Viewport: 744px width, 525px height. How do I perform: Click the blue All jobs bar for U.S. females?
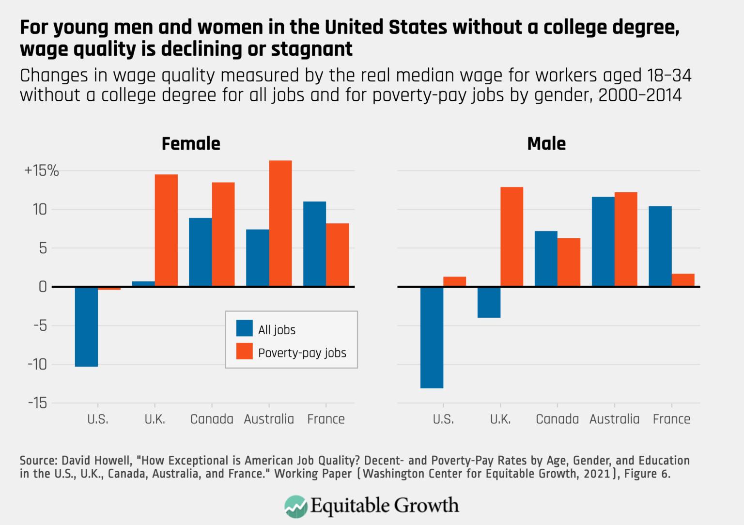click(x=86, y=326)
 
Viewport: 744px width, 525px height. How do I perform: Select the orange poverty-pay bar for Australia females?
click(x=280, y=223)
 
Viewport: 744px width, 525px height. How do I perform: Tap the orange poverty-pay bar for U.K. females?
click(x=166, y=231)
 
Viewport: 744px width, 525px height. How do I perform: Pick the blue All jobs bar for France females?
click(x=314, y=244)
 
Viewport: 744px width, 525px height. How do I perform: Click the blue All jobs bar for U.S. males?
click(x=432, y=337)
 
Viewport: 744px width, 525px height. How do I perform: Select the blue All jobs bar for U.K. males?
click(x=489, y=302)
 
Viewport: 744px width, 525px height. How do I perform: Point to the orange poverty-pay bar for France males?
click(x=683, y=280)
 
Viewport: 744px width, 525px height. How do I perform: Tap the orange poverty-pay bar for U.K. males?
click(x=511, y=237)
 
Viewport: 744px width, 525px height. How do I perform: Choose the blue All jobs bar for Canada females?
click(x=200, y=252)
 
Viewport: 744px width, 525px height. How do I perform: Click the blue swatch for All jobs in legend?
click(x=244, y=328)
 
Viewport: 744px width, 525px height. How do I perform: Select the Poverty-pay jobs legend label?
click(x=302, y=353)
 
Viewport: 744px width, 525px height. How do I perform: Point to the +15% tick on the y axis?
click(x=42, y=170)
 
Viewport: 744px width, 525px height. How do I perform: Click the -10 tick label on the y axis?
click(x=37, y=364)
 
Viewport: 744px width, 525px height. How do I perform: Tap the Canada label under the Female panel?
click(x=212, y=419)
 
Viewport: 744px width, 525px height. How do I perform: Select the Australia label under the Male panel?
click(x=614, y=419)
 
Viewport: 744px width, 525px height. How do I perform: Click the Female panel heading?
click(x=191, y=144)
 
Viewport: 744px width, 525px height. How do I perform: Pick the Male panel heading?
click(x=546, y=144)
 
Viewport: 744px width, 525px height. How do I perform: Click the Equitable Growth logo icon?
click(x=295, y=506)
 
